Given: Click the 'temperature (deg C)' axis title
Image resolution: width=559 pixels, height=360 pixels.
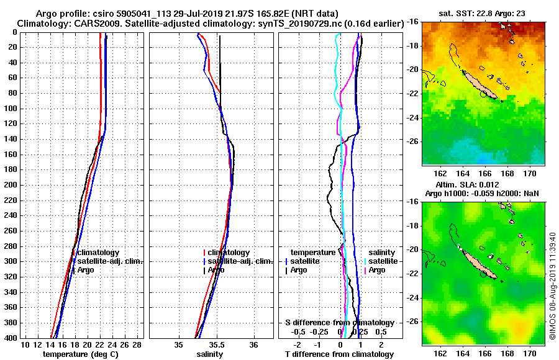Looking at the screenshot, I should (80, 354).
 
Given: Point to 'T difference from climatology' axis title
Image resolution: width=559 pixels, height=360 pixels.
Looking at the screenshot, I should (339, 354).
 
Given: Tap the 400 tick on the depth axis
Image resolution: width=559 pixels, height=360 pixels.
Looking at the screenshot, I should (12, 338).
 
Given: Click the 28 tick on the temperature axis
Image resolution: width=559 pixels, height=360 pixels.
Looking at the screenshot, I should (137, 345).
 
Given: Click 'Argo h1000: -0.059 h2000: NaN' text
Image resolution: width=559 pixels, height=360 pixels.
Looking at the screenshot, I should (481, 194).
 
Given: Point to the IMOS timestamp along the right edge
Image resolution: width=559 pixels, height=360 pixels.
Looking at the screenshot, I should (552, 285).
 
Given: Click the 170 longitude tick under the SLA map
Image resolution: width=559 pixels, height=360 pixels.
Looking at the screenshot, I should (530, 353).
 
